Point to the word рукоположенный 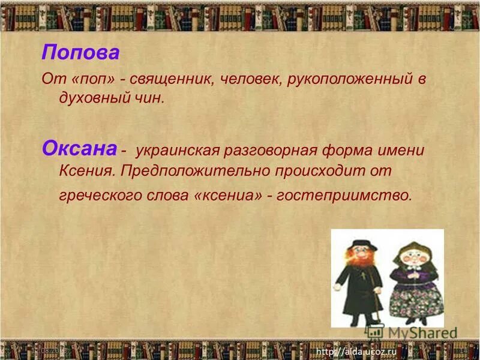[348, 79]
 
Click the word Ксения [86, 171]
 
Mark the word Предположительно [195, 171]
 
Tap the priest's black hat [361, 243]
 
